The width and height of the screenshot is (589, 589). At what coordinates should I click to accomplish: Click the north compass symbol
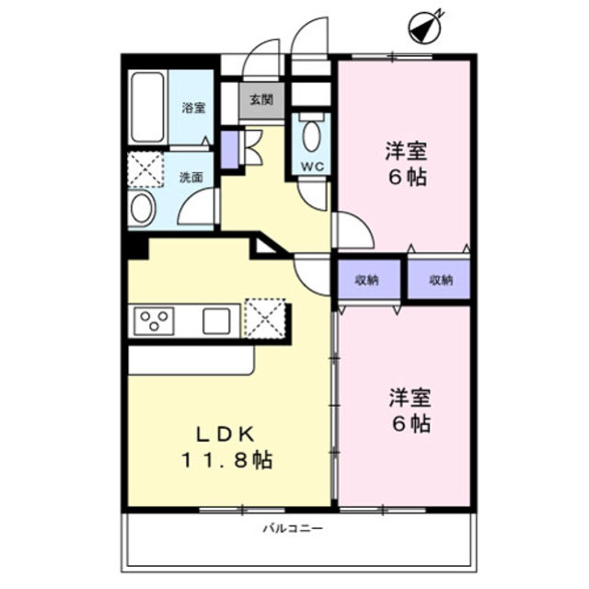click(x=425, y=28)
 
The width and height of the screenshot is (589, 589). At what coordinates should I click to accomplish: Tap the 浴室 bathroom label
click(x=193, y=108)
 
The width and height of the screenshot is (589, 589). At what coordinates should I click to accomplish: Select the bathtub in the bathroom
click(x=147, y=108)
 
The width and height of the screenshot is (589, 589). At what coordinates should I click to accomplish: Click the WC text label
click(x=312, y=167)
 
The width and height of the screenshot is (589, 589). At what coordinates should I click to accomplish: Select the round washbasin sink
click(x=142, y=208)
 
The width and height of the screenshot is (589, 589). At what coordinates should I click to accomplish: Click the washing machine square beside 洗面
click(x=144, y=170)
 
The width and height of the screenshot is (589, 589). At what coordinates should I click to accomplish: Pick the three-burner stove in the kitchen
click(x=153, y=322)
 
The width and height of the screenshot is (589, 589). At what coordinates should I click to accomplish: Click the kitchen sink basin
click(x=217, y=322)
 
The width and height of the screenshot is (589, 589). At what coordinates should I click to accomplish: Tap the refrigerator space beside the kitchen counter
click(x=265, y=320)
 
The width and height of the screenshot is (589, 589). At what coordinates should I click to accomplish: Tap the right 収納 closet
click(x=440, y=280)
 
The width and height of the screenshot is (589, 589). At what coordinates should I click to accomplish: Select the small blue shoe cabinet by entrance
click(x=228, y=145)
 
